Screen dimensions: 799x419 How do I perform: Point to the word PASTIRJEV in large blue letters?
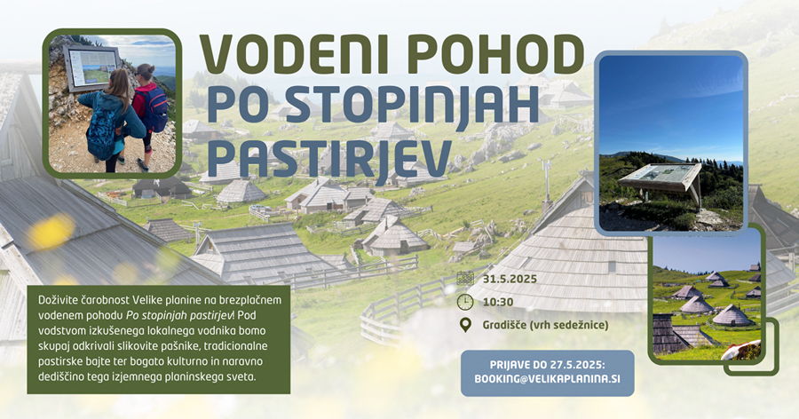coord(329,158)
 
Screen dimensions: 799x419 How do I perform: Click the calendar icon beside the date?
coord(465,279)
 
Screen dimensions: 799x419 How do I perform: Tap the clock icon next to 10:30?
coord(465,302)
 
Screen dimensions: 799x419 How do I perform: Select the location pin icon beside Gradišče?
coord(465,325)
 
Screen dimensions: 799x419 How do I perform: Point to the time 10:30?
coord(498,302)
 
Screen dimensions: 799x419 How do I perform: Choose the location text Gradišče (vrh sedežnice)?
coord(545,325)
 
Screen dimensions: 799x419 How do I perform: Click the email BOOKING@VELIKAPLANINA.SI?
coord(547,379)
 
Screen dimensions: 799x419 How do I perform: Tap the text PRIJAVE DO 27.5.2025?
coord(547,365)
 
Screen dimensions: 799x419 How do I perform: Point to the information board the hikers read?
coord(91,67)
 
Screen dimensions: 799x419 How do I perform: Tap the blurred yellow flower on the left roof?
coord(51,232)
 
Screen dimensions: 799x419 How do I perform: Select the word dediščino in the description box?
coord(60,377)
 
